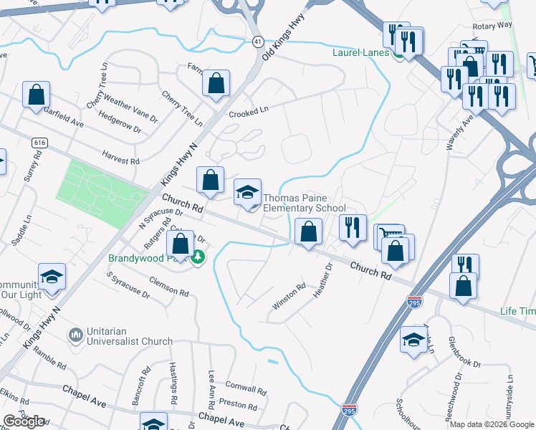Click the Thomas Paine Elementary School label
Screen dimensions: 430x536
point(305,204)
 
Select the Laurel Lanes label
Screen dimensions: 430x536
point(360,52)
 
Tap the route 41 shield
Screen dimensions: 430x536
point(257,42)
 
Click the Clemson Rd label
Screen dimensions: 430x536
point(168,287)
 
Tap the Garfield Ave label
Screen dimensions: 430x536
point(63,118)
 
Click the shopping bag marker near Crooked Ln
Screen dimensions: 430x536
point(216,83)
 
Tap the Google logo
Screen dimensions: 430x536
point(24,422)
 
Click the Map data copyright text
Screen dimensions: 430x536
point(492,424)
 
